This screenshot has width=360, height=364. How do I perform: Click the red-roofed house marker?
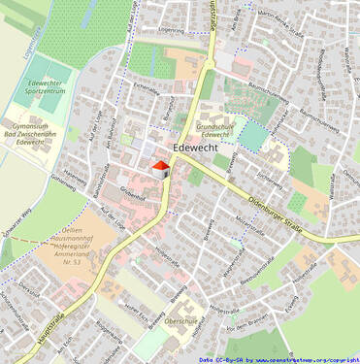[x=159, y=170]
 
